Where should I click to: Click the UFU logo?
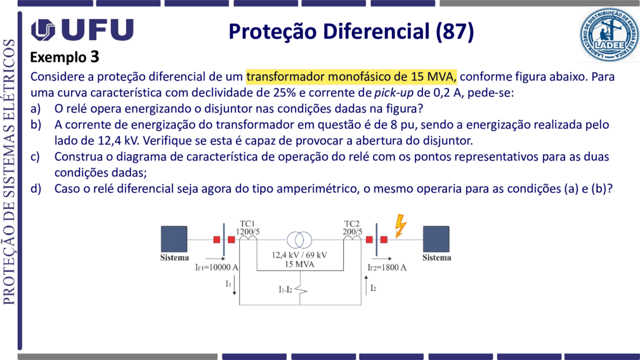(82, 30)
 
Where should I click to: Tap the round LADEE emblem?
(609, 35)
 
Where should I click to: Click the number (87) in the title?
(455, 32)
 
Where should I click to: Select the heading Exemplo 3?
(65, 57)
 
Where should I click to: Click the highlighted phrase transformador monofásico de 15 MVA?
(351, 77)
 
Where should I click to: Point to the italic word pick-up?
(394, 93)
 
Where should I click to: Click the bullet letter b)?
(36, 125)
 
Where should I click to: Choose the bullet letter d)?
(36, 189)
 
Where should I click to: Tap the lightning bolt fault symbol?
(400, 226)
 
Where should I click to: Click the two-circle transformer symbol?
(299, 240)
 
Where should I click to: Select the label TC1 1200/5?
(248, 228)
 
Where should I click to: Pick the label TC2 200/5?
(352, 228)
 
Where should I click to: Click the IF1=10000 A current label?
(217, 267)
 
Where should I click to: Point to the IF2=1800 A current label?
(386, 267)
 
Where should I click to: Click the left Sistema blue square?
(174, 240)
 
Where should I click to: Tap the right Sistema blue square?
(436, 240)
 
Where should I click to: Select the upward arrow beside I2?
(366, 285)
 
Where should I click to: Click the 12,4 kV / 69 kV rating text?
(299, 255)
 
